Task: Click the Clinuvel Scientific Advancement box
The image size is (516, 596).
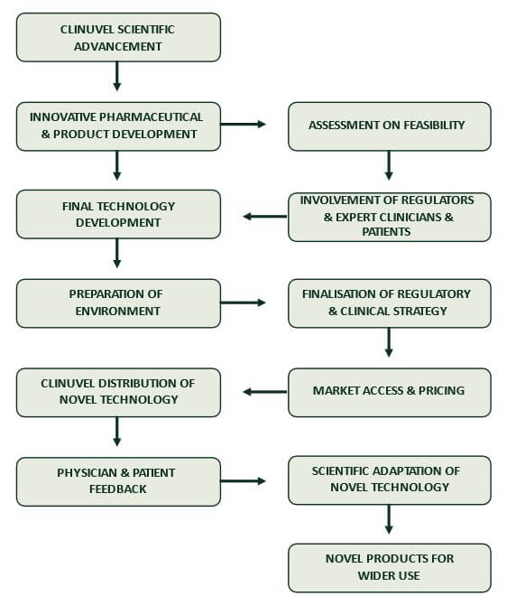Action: (118, 37)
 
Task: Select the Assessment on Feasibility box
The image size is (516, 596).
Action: (389, 126)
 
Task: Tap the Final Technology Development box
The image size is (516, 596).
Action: (118, 214)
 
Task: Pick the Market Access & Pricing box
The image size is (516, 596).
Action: (389, 392)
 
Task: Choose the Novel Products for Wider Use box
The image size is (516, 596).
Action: (389, 568)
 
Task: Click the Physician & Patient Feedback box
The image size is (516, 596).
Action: (118, 481)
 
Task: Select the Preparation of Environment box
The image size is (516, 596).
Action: (118, 303)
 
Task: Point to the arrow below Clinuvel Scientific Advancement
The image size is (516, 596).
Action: (117, 76)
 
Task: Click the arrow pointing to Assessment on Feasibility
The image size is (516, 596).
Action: (243, 124)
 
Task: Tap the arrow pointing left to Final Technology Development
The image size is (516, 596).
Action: (265, 217)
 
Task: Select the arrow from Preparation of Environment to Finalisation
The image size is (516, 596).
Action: (243, 303)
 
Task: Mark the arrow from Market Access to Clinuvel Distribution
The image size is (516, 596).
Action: (265, 392)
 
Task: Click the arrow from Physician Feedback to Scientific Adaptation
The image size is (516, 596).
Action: (243, 480)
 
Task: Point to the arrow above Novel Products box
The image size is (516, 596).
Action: (389, 519)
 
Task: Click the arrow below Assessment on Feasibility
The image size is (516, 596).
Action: (389, 165)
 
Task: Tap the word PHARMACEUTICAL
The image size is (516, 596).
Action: (152, 117)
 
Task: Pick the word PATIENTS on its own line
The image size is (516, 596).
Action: (386, 231)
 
